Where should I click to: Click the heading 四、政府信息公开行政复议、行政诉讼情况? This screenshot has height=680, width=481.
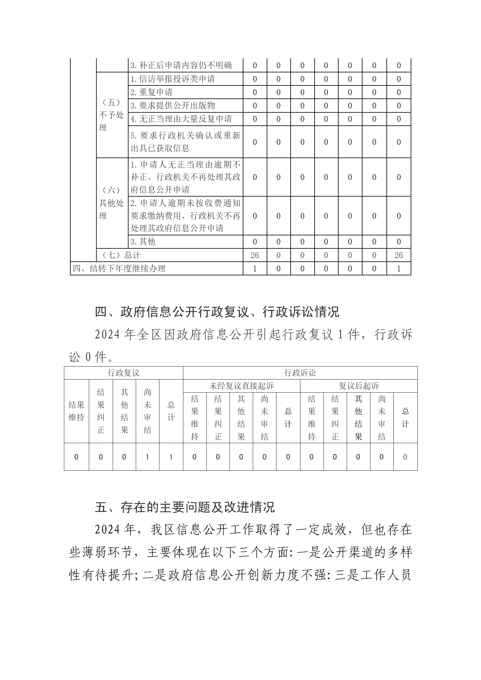click(217, 312)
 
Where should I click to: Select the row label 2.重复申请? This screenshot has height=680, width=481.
click(151, 92)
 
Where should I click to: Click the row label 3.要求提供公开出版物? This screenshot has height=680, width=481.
click(172, 105)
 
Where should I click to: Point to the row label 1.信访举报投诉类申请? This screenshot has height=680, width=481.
click(172, 79)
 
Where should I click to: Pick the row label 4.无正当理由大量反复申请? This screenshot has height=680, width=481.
click(181, 119)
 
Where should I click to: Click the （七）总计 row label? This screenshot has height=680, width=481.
click(121, 255)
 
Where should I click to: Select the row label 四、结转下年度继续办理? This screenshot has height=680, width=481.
click(119, 268)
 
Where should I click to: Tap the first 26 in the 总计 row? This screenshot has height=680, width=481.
click(255, 255)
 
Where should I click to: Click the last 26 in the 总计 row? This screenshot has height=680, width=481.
click(399, 255)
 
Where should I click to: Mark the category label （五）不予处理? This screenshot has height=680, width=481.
click(112, 115)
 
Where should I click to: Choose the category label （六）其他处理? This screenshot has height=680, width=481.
click(112, 203)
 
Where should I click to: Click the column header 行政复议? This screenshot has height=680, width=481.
click(123, 373)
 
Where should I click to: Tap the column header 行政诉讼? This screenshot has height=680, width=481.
click(300, 373)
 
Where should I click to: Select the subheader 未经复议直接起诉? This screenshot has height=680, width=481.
click(242, 386)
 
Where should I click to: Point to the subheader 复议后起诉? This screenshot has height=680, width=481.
click(359, 386)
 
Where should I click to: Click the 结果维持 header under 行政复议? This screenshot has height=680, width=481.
click(76, 411)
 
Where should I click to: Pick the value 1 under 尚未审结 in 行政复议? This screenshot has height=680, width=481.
click(147, 457)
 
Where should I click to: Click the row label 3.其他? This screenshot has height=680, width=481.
click(143, 241)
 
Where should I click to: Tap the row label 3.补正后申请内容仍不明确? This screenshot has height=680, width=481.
click(181, 65)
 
